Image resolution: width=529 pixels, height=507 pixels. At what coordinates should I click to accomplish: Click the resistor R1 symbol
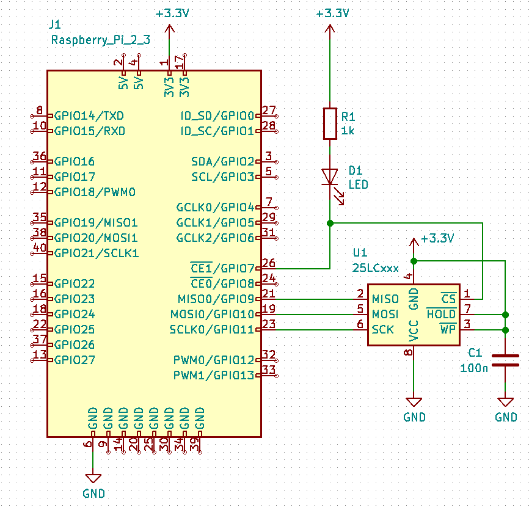tap(330, 124)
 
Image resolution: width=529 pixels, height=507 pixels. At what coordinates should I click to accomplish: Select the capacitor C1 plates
tap(505, 360)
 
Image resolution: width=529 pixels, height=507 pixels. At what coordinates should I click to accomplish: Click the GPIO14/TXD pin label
tap(89, 115)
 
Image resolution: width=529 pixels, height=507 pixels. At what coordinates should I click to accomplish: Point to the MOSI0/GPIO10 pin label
tap(212, 315)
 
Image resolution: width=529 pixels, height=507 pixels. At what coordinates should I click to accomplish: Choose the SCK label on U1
tap(382, 330)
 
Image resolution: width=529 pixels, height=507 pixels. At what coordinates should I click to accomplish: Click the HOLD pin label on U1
tap(441, 314)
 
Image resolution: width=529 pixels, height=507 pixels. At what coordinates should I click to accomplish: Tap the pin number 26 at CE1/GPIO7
tap(269, 263)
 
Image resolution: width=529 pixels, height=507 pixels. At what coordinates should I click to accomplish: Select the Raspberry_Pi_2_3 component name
tap(101, 40)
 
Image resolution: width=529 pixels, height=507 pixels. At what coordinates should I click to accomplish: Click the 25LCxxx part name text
tap(376, 268)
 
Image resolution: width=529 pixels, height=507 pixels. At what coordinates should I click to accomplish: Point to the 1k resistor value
tap(348, 131)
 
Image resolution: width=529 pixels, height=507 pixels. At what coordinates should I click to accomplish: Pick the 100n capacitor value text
tap(474, 368)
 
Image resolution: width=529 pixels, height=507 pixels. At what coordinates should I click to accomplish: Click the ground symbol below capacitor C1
tap(505, 402)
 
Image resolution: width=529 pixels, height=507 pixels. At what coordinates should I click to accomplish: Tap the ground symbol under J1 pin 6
tap(93, 478)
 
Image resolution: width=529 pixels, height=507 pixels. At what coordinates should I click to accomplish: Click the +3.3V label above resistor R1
tap(332, 13)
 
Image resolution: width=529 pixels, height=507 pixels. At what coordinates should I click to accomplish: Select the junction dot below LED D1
tap(330, 223)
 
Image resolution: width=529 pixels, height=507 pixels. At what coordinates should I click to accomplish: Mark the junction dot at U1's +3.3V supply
tap(414, 261)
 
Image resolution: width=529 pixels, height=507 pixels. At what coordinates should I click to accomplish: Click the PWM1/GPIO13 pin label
tap(214, 376)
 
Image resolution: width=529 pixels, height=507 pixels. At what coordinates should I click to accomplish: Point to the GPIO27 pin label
tap(75, 360)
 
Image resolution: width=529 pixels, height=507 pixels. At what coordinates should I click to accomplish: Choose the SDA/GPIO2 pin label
tap(223, 162)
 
